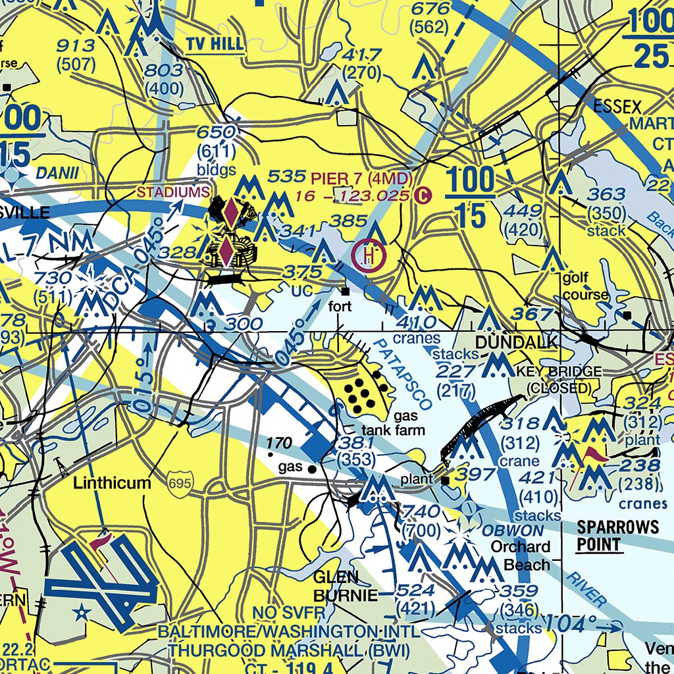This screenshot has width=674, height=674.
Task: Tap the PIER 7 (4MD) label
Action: (x=361, y=178)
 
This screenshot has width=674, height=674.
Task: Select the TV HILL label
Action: (x=214, y=45)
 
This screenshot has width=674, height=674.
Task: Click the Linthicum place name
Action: (x=111, y=482)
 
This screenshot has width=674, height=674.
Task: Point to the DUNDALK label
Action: (x=517, y=342)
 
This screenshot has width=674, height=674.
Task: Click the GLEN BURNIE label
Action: (x=345, y=586)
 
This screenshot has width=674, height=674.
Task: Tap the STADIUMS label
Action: (x=173, y=192)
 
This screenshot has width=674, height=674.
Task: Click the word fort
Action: (x=340, y=306)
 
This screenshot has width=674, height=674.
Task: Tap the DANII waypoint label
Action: (x=57, y=174)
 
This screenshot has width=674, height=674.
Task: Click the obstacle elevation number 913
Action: (x=76, y=45)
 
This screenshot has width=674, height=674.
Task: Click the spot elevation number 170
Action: (x=279, y=443)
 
